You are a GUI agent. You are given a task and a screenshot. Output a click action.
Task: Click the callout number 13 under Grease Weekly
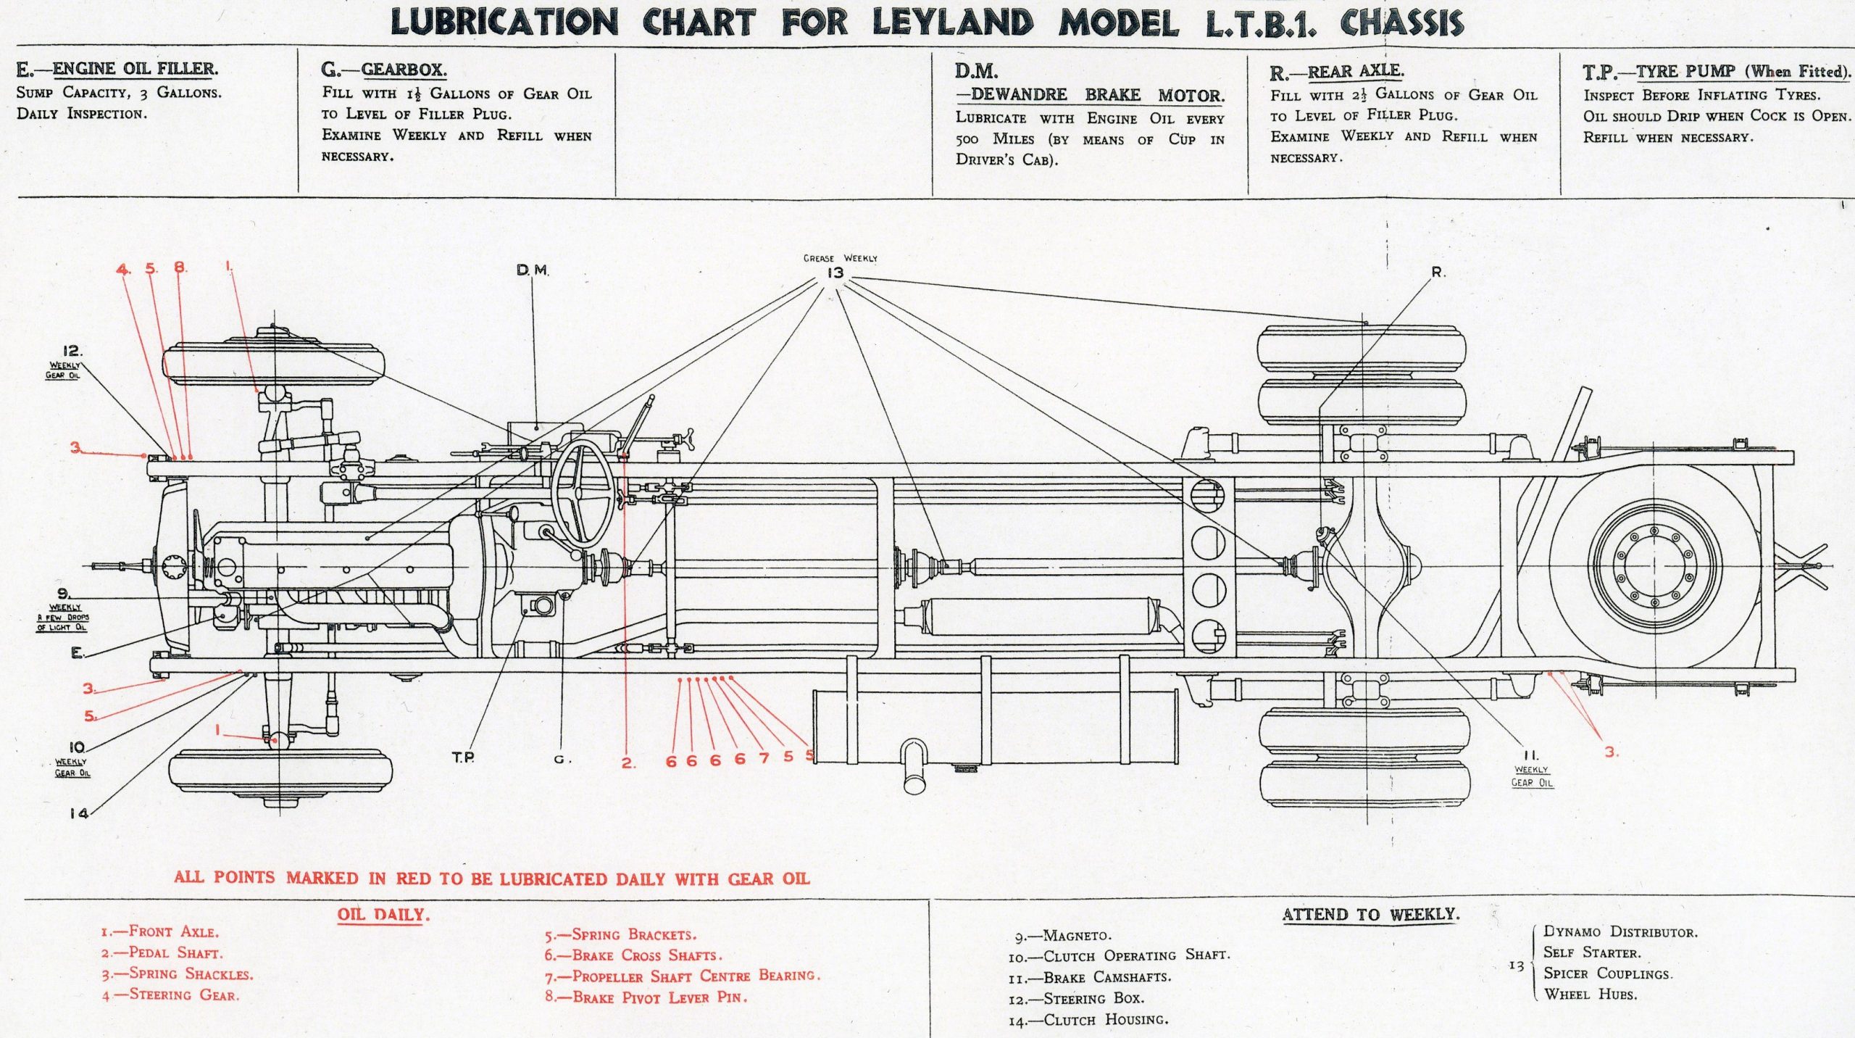pyautogui.click(x=835, y=273)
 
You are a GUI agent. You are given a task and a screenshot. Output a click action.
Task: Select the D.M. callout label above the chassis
pyautogui.click(x=533, y=270)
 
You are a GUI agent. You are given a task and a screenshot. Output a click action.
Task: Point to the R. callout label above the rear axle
pyautogui.click(x=1438, y=273)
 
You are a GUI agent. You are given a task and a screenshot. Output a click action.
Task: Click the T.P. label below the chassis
pyautogui.click(x=463, y=757)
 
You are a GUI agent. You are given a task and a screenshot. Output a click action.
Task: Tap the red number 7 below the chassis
pyautogui.click(x=764, y=758)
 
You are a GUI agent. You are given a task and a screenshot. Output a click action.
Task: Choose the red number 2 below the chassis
pyautogui.click(x=628, y=763)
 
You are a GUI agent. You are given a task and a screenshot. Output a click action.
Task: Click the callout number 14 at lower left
pyautogui.click(x=79, y=813)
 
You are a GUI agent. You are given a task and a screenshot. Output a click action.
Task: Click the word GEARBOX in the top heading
pyautogui.click(x=404, y=70)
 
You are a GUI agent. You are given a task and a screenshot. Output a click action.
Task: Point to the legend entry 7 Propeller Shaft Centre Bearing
pyautogui.click(x=683, y=976)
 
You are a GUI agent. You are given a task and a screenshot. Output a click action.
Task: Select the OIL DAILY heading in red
pyautogui.click(x=383, y=914)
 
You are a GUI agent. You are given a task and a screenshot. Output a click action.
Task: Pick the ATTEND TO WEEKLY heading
pyautogui.click(x=1371, y=914)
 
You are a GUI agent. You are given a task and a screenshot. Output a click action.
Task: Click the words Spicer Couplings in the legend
pyautogui.click(x=1608, y=973)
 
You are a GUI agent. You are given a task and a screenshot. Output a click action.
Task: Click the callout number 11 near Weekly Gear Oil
pyautogui.click(x=1530, y=755)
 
